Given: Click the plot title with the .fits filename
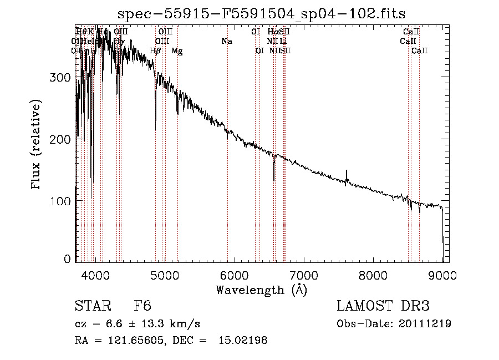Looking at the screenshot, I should point(262,14).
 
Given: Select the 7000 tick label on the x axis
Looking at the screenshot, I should point(303,275).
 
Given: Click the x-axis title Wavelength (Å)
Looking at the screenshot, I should point(261,290).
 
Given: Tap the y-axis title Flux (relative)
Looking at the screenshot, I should point(37,145).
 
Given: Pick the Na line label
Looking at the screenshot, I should point(226,41).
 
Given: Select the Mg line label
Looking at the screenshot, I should point(177,51).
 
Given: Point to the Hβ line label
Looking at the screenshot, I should point(156,51).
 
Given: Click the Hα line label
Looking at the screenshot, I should point(272,32).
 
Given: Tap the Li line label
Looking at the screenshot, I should point(283,41).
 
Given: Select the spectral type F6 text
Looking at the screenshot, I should point(143,306).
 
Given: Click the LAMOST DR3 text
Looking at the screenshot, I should point(383,306).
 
